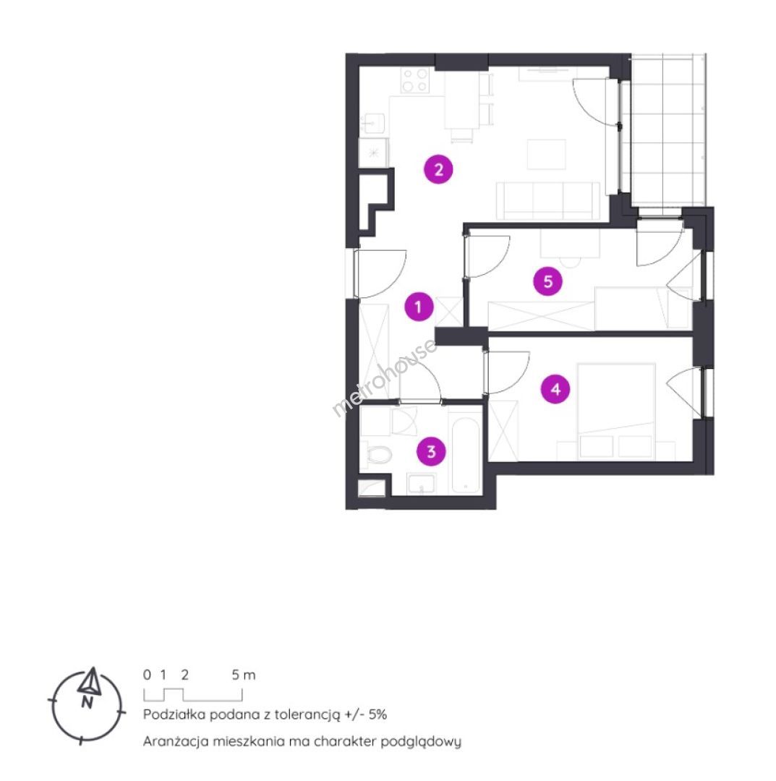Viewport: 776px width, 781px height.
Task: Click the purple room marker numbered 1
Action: point(419,307)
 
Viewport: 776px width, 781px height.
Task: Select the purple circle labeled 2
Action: point(438,170)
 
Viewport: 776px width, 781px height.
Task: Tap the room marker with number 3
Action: point(431,451)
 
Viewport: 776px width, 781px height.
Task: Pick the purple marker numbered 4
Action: point(556,388)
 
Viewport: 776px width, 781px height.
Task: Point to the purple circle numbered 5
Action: point(548,281)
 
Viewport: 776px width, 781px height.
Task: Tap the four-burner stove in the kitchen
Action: point(415,81)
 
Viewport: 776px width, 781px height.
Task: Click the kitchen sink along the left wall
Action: point(373,123)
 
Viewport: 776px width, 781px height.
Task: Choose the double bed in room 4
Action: point(616,411)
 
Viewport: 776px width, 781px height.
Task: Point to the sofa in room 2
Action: point(548,200)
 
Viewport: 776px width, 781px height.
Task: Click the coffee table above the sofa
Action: point(547,155)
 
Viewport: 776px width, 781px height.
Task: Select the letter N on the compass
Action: point(88,703)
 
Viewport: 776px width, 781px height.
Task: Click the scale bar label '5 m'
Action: point(244,675)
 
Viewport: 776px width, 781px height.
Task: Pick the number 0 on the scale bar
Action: point(147,675)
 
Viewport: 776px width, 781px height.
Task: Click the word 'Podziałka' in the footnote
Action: point(174,714)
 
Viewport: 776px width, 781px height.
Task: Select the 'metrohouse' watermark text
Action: point(384,378)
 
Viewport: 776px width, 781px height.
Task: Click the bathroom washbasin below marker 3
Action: point(422,483)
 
